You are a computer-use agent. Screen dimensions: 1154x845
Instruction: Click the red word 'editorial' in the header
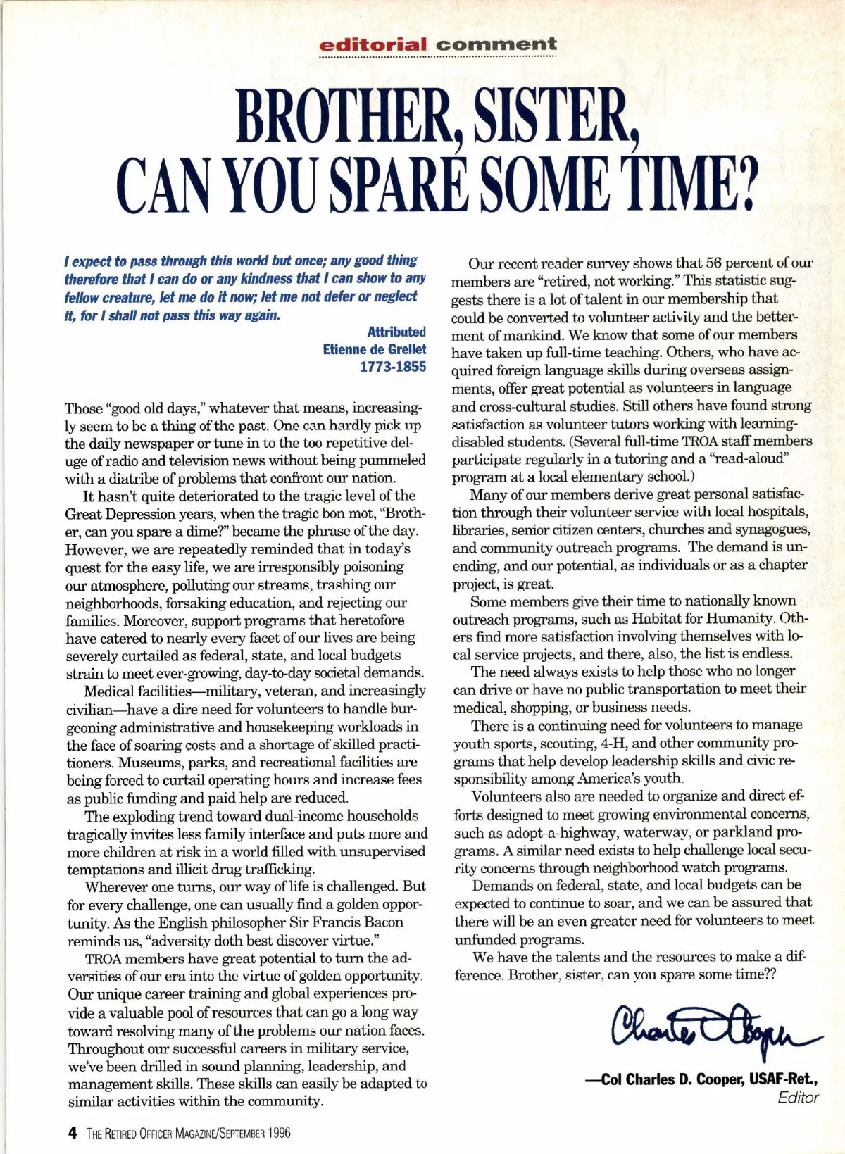pyautogui.click(x=373, y=45)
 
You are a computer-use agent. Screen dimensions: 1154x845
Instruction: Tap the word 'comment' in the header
pyautogui.click(x=496, y=45)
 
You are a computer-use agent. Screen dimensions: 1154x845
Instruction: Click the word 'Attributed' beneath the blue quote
pyautogui.click(x=396, y=332)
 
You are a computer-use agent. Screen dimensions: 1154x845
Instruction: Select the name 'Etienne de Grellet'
pyautogui.click(x=374, y=349)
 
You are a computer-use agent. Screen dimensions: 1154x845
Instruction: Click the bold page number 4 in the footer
pyautogui.click(x=72, y=1133)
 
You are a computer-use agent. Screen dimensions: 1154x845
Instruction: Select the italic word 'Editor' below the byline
pyautogui.click(x=798, y=1098)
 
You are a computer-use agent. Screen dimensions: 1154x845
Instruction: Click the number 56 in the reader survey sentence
pyautogui.click(x=715, y=263)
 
